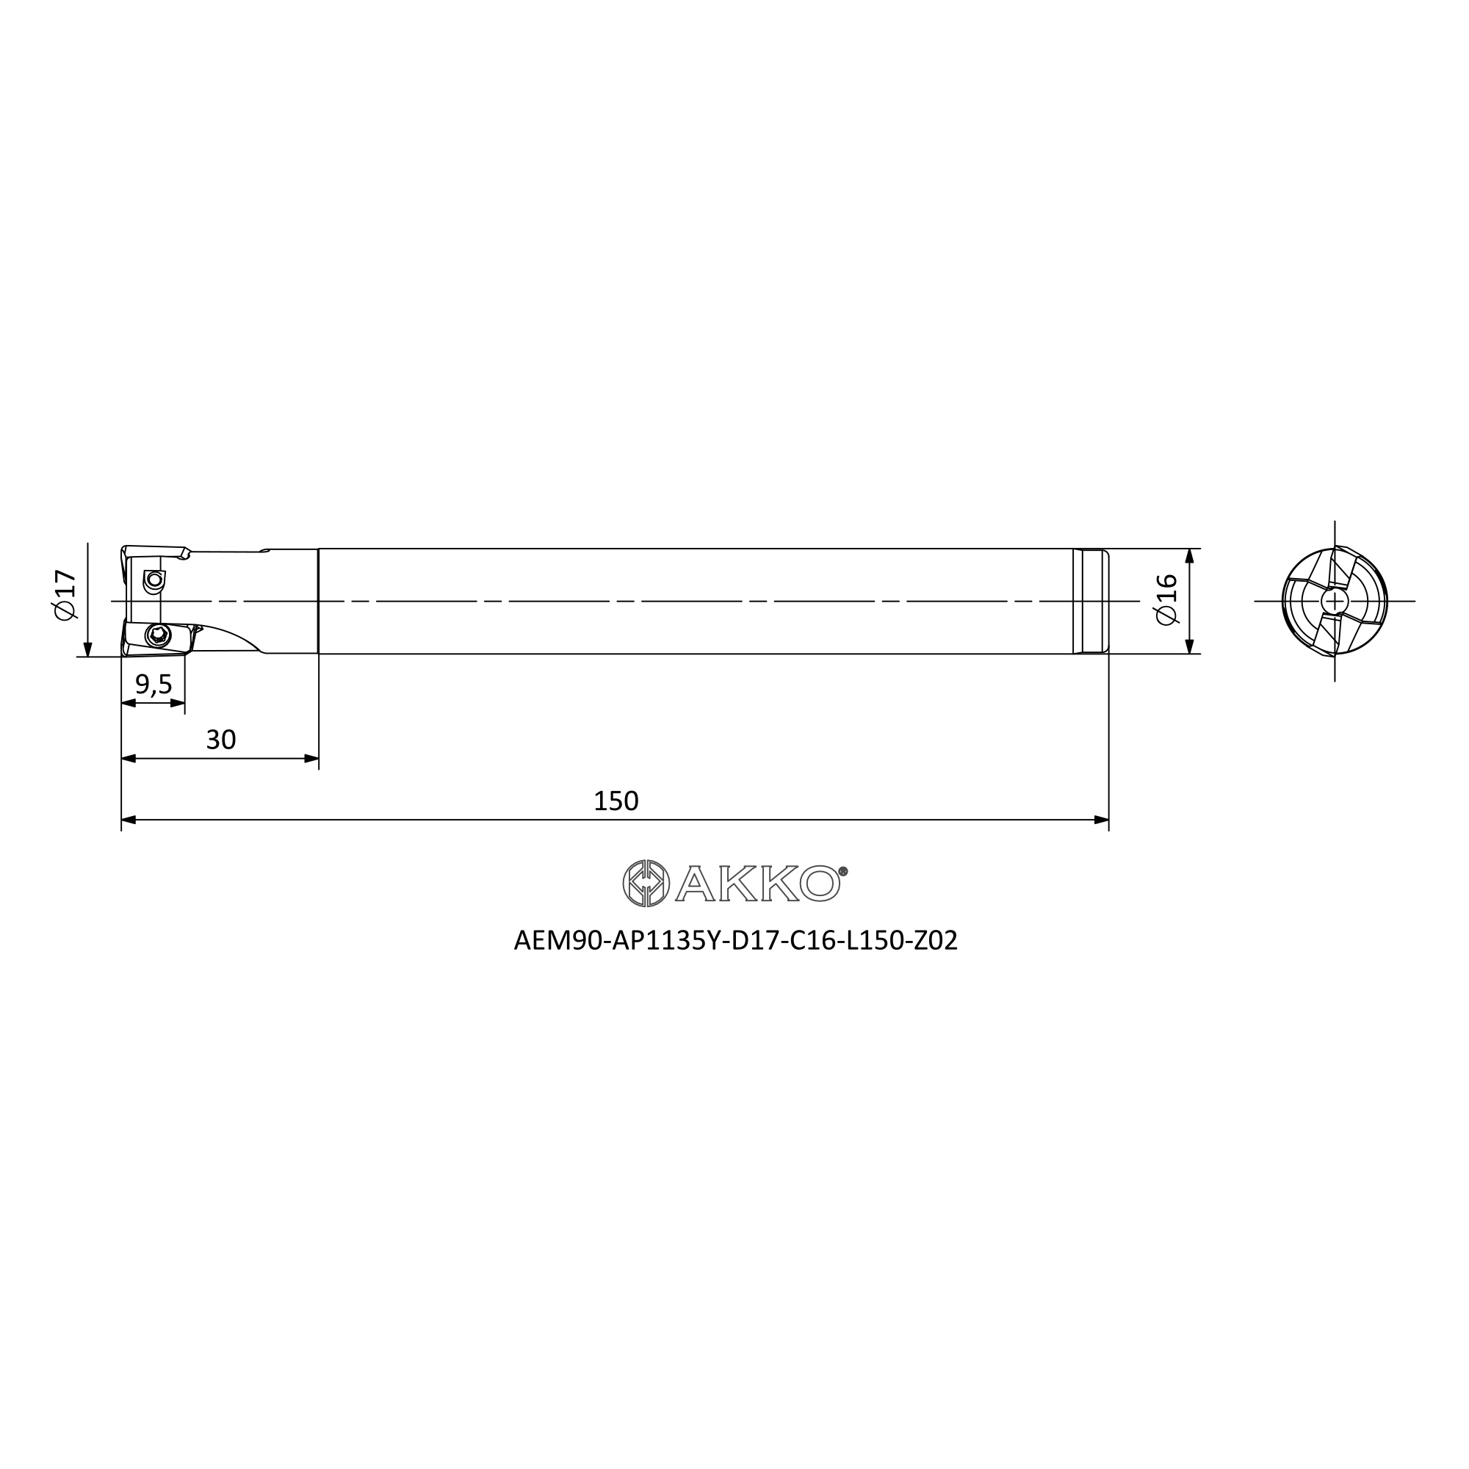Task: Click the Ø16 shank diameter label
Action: tap(1166, 600)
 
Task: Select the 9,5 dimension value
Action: tap(154, 685)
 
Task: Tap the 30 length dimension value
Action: tap(221, 739)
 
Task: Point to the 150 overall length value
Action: tap(616, 801)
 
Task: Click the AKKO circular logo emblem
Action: tap(646, 884)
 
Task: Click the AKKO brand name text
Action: tap(757, 884)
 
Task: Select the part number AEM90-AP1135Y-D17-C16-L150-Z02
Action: tap(735, 941)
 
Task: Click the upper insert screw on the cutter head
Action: tap(155, 580)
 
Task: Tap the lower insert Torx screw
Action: tap(158, 634)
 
